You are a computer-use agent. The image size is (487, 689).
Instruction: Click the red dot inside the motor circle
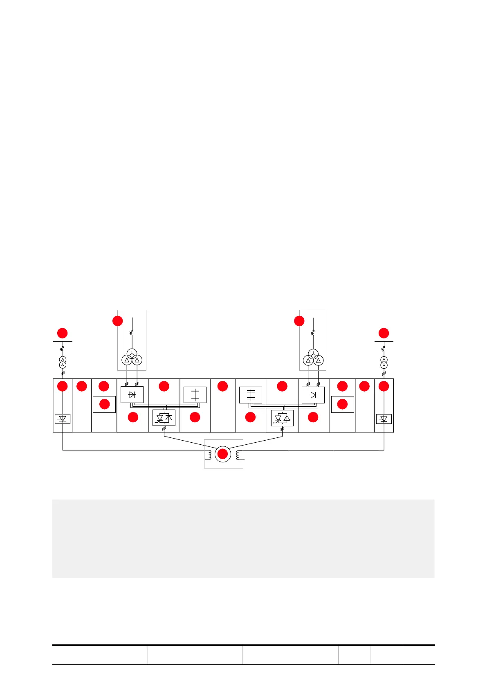[x=222, y=454]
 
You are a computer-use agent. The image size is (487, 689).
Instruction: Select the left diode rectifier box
[x=132, y=395]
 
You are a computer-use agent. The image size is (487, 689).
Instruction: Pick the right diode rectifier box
[x=313, y=395]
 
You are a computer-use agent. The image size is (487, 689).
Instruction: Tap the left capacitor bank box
[x=195, y=395]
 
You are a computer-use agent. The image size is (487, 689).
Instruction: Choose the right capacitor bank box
[x=251, y=395]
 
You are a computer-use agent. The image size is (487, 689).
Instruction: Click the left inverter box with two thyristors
[x=164, y=418]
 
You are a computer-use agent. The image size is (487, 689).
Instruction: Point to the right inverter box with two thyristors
[x=282, y=418]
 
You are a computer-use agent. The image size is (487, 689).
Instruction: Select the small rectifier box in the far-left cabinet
[x=63, y=419]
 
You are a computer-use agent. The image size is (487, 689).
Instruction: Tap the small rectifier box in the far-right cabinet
[x=384, y=419]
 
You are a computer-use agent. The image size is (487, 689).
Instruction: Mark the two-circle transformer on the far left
[x=63, y=363]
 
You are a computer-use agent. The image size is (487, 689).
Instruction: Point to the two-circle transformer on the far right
[x=384, y=363]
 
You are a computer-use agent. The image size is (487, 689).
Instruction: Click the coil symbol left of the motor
[x=209, y=455]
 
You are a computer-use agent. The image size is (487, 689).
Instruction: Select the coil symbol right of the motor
[x=238, y=455]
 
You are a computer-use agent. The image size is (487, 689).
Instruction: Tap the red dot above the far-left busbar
[x=62, y=333]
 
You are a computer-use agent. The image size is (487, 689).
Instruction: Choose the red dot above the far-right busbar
[x=384, y=333]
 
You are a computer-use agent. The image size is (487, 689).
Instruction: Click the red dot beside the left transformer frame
[x=117, y=321]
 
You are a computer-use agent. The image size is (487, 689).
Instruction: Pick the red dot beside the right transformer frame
[x=299, y=321]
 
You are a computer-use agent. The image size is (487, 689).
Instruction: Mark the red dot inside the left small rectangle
[x=104, y=404]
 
